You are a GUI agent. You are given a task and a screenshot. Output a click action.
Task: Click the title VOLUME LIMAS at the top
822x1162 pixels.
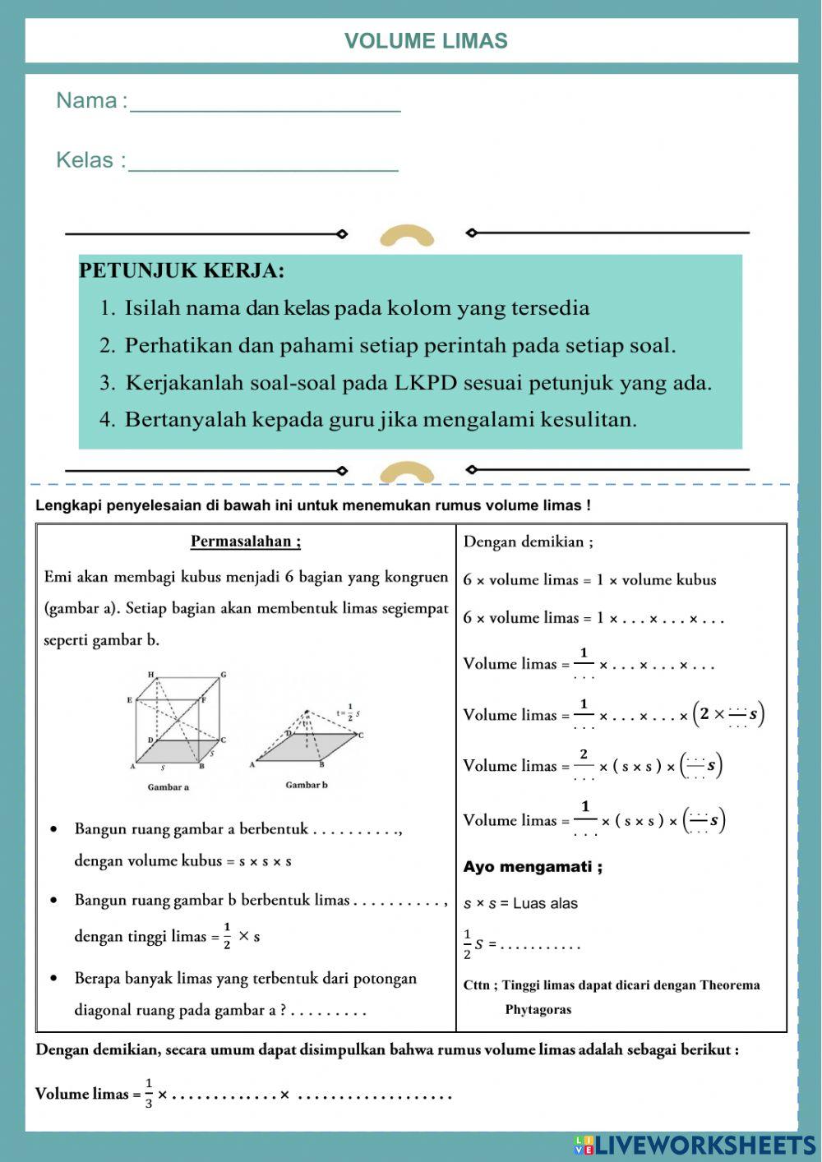coord(426,41)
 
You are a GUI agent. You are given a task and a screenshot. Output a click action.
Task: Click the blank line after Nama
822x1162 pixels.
coord(265,107)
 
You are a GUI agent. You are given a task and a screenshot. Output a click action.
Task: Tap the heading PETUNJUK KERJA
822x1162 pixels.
coord(182,270)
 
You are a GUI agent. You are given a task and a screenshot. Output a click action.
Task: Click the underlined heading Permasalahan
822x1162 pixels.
coord(246,542)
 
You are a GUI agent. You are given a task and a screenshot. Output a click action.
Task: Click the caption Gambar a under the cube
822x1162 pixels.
coord(168,787)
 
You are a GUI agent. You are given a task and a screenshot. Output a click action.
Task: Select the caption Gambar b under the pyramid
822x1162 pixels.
coord(306,785)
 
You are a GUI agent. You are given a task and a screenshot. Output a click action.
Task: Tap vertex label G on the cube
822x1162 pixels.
coord(223,676)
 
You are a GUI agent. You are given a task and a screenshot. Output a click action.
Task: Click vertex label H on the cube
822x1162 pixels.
coord(151,675)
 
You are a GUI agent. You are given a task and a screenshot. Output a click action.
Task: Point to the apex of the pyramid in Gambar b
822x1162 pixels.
coord(307,712)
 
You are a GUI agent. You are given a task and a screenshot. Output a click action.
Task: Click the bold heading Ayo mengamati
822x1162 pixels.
coord(533,867)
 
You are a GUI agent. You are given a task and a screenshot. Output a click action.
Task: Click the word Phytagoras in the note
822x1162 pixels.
coord(538,1010)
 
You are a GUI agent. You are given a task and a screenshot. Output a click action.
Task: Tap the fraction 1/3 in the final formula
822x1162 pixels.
coord(149,1093)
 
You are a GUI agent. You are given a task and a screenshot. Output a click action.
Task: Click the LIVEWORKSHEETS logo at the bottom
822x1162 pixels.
coord(695,1145)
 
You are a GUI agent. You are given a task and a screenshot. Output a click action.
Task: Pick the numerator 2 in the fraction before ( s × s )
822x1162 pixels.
coord(584,754)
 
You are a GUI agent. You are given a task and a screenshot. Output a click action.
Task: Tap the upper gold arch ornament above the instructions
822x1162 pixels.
coord(407,237)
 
